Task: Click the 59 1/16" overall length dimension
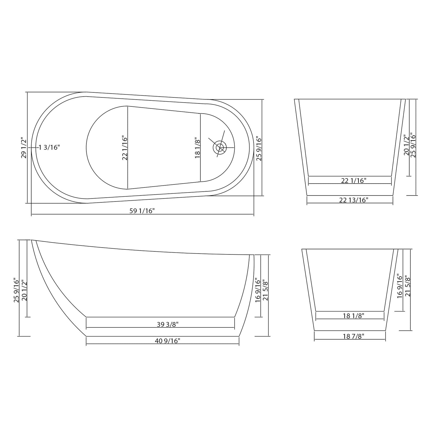coord(142,211)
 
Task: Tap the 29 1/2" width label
coord(24,148)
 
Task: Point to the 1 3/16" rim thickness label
coord(49,147)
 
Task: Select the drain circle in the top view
coord(220,147)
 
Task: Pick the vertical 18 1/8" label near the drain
coord(198,148)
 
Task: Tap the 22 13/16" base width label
coord(354,200)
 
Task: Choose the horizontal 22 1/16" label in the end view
coord(354,181)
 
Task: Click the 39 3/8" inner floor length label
coord(167,324)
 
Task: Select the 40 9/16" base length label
coord(167,341)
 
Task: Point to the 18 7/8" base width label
coord(353,336)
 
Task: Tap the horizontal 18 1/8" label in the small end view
coord(353,316)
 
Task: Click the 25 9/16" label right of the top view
coord(259,149)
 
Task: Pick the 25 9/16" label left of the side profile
coord(16,290)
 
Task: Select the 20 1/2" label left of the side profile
coord(25,290)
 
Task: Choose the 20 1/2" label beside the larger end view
coord(406,145)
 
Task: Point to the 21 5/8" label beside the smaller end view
coord(407,286)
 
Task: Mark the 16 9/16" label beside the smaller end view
coord(400,286)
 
